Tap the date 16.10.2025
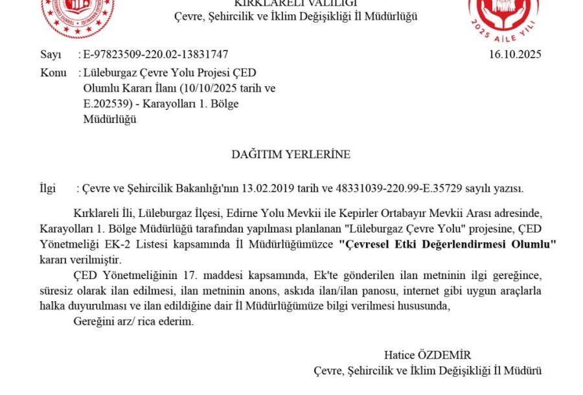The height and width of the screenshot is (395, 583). tap(515, 54)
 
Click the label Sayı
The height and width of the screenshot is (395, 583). tap(51, 54)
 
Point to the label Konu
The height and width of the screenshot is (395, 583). tap(53, 73)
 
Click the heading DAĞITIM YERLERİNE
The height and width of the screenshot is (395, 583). tap(291, 154)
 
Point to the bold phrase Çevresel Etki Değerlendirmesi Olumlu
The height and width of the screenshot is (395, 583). tap(448, 244)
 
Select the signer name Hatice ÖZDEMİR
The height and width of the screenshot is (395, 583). tap(427, 355)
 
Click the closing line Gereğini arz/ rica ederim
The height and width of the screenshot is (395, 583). tap(133, 322)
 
